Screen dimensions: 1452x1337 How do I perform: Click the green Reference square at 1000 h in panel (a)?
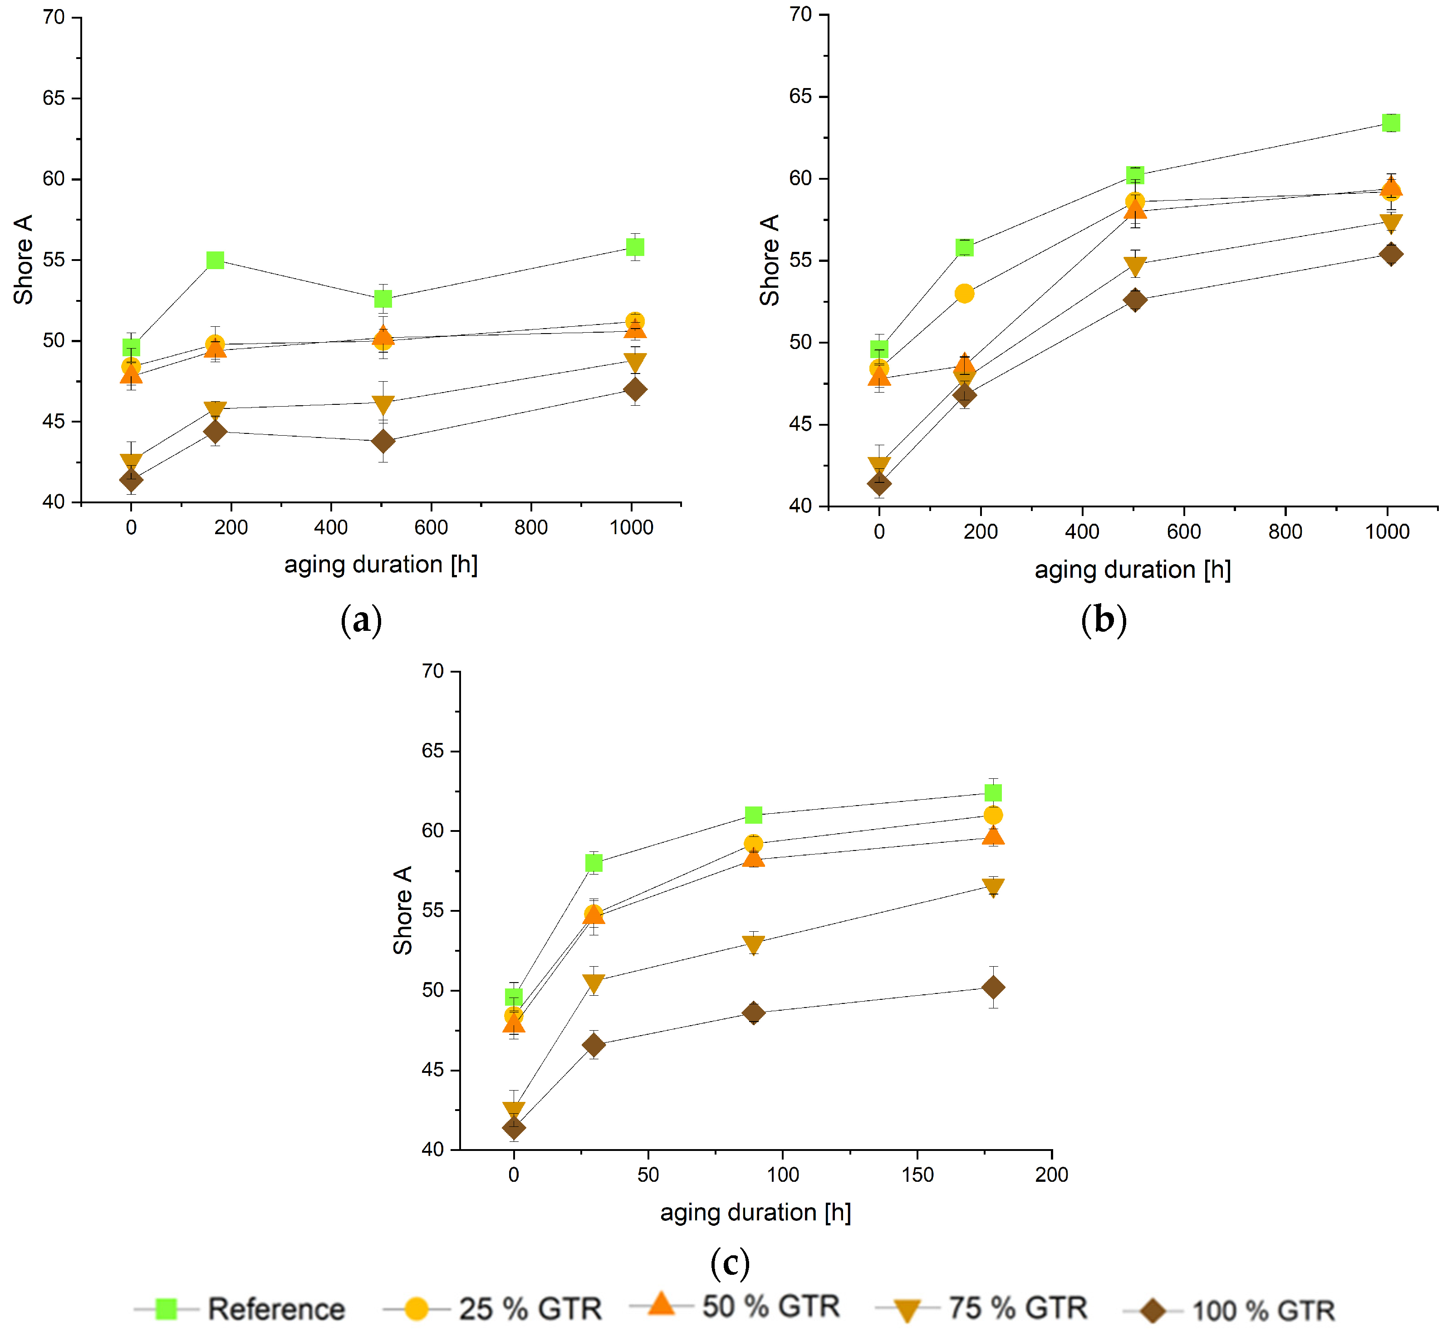634,247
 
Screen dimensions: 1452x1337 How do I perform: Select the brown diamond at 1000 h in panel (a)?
634,390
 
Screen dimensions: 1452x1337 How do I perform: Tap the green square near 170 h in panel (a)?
215,260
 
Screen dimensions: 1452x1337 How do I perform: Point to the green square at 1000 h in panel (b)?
1390,123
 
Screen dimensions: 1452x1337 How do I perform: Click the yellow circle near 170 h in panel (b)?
964,294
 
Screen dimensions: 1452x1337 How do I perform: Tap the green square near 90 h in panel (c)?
753,815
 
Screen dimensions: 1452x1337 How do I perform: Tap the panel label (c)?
730,1263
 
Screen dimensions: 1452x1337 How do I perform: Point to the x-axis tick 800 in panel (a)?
531,527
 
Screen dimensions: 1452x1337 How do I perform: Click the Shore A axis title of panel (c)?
402,910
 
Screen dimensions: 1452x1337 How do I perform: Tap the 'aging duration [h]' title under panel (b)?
1132,570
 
